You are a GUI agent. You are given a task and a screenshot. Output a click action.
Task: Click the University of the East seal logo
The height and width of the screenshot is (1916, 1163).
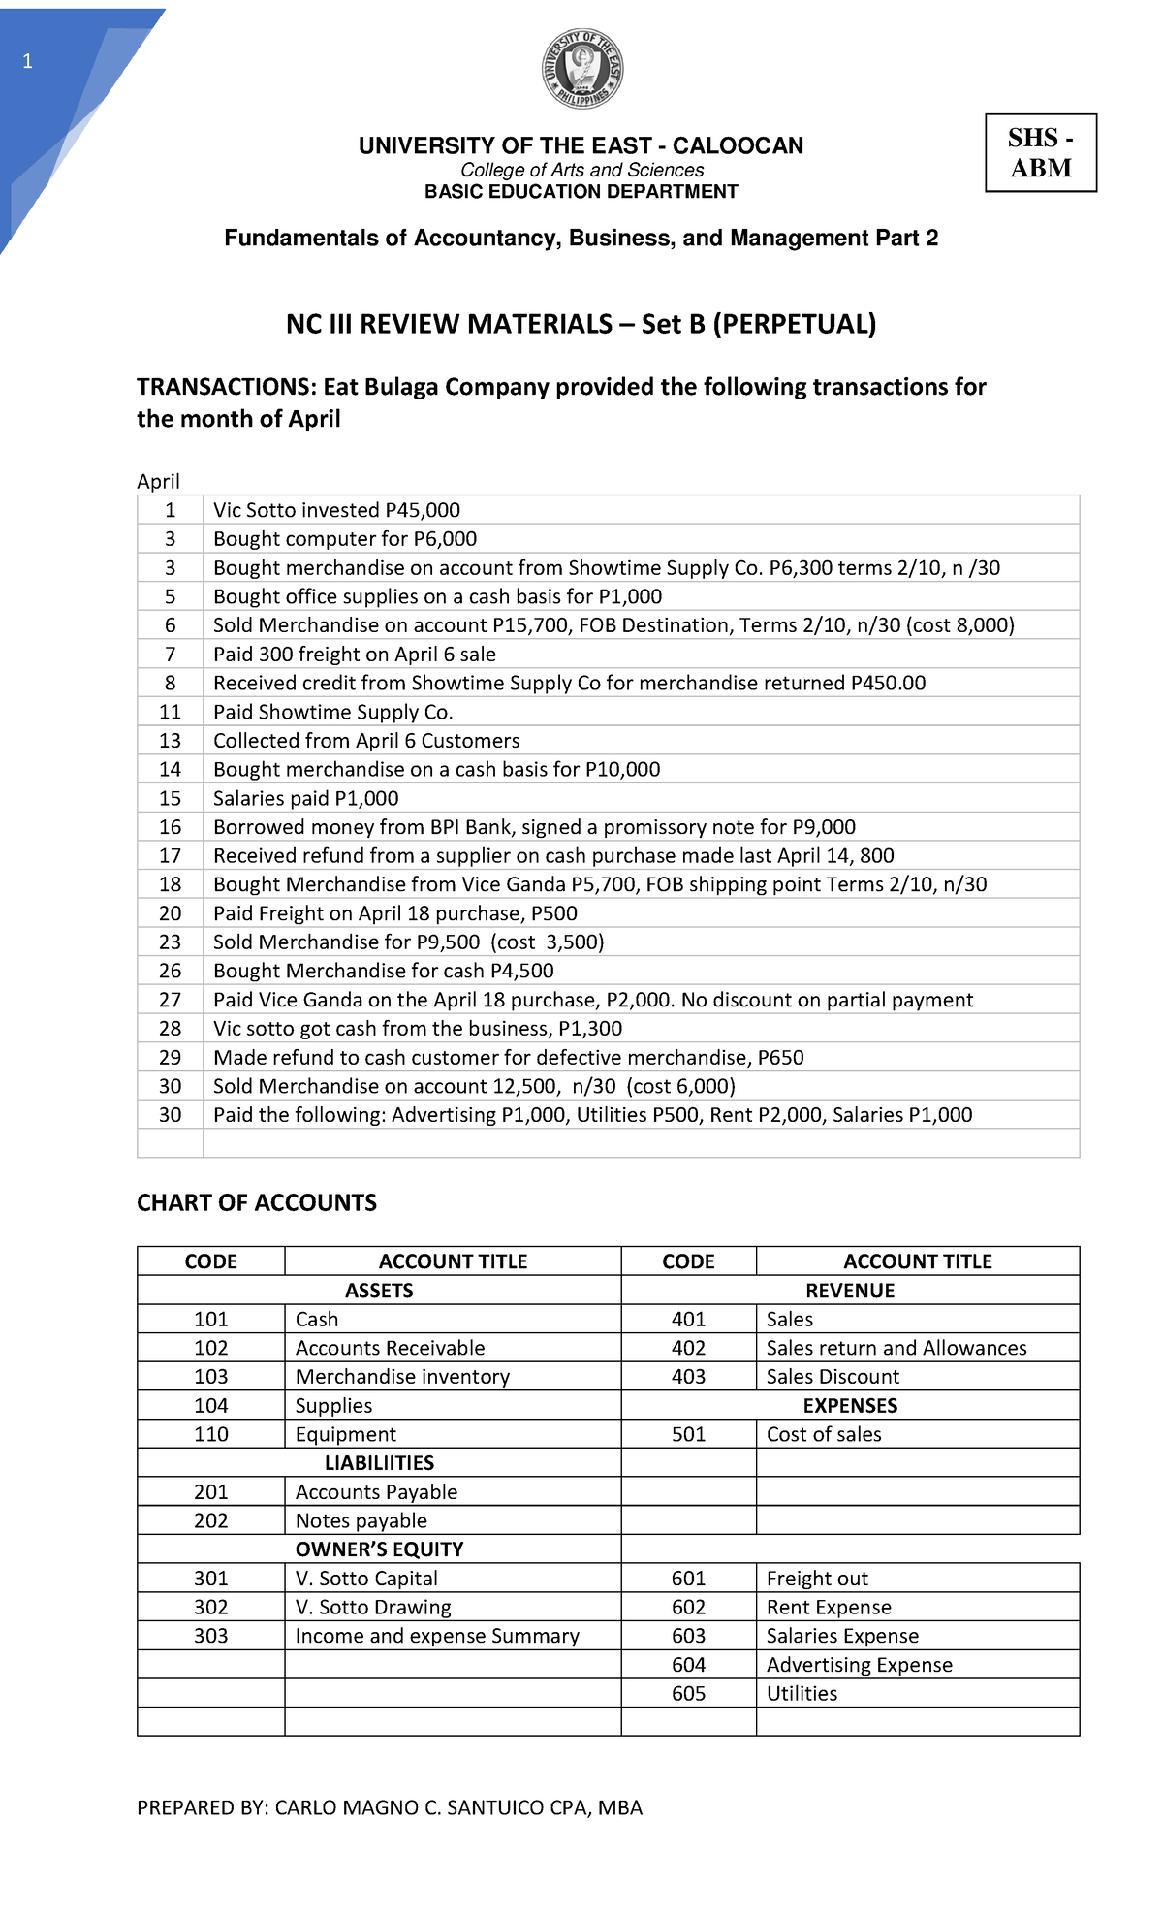click(581, 70)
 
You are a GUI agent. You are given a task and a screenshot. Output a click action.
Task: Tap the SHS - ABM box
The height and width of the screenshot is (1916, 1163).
click(1041, 153)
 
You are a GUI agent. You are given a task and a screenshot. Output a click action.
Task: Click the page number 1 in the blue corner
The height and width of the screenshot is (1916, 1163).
click(27, 62)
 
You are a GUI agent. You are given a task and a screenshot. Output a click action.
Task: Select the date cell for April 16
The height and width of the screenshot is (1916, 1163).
click(170, 827)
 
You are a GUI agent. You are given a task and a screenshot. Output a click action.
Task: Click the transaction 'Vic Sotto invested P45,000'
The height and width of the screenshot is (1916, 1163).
click(336, 510)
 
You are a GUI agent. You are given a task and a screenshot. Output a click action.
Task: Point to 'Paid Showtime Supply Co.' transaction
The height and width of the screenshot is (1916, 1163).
click(332, 712)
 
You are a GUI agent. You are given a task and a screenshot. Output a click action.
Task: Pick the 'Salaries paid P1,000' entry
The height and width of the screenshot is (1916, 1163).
click(305, 798)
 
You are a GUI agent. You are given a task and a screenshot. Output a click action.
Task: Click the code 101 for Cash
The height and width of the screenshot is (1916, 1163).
click(210, 1320)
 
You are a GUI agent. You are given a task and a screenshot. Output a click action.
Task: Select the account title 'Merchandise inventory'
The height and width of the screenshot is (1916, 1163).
click(402, 1377)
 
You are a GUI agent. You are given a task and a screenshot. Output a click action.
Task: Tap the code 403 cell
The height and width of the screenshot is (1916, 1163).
click(688, 1377)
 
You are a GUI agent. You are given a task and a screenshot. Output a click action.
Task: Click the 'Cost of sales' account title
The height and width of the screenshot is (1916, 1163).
click(824, 1434)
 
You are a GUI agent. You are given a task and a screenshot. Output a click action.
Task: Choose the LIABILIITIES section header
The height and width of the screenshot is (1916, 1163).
click(379, 1463)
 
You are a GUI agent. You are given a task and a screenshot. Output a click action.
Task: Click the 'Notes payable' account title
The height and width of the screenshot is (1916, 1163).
click(361, 1520)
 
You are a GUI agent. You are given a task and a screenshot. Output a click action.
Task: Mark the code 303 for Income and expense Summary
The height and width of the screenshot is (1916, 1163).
click(210, 1636)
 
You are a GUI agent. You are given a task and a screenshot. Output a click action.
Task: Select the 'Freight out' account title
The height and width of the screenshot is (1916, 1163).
click(817, 1579)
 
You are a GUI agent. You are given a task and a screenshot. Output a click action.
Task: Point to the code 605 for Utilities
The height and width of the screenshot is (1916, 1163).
click(688, 1694)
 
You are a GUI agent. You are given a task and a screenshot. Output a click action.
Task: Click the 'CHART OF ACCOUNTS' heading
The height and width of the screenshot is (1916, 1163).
click(257, 1203)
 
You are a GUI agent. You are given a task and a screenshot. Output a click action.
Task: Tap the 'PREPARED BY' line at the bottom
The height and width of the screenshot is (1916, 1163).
click(390, 1807)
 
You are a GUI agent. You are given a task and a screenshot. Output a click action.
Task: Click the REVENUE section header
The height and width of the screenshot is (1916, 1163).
click(850, 1291)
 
